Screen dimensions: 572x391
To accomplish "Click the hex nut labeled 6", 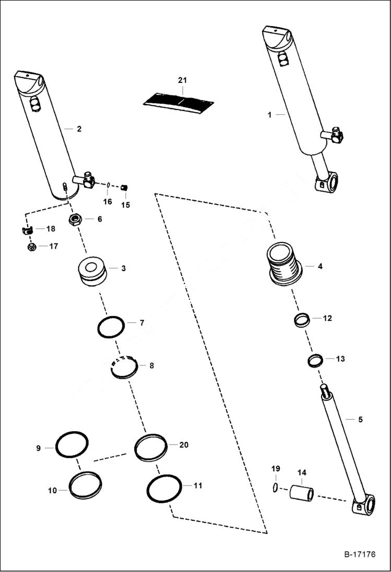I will pos(75,220).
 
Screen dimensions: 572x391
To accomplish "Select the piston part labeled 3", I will pos(92,271).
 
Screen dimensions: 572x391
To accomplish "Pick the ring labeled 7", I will pos(111,327).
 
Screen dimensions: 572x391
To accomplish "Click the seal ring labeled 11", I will pos(164,489).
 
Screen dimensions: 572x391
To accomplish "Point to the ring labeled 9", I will pos(72,444).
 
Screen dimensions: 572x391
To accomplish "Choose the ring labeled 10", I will pos(85,485).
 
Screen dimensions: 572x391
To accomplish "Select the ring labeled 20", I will pos(151,447).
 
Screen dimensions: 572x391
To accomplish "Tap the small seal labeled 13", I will pos(314,360).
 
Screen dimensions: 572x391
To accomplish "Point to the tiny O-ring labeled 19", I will pos(275,487).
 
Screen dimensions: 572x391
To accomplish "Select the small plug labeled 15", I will pos(125,188).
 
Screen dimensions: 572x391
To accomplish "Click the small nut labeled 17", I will pos(31,247).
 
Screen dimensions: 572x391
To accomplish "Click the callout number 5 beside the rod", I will pos(360,419).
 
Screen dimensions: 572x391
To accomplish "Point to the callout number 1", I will pos(269,115).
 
